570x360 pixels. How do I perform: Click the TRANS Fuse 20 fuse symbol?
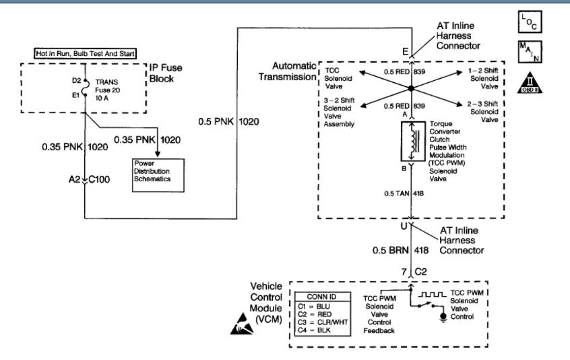(x=82, y=88)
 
